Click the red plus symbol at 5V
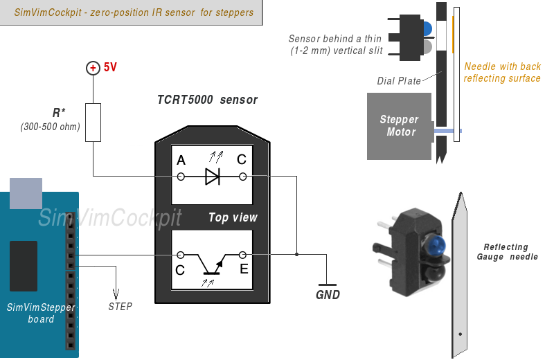[93, 68]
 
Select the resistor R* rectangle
[93, 123]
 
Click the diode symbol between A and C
[212, 177]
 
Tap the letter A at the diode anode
[181, 161]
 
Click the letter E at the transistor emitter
[244, 269]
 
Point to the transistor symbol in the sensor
[211, 263]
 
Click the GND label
[328, 294]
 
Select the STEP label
[120, 306]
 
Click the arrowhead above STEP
[116, 291]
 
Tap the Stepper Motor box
[399, 125]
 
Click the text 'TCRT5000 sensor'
[207, 100]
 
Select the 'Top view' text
[233, 217]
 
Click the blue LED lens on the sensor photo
[436, 244]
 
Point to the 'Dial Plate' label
[399, 81]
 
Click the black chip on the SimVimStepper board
[24, 266]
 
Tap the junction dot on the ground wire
[297, 255]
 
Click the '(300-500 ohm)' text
[51, 127]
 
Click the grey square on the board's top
[26, 193]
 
